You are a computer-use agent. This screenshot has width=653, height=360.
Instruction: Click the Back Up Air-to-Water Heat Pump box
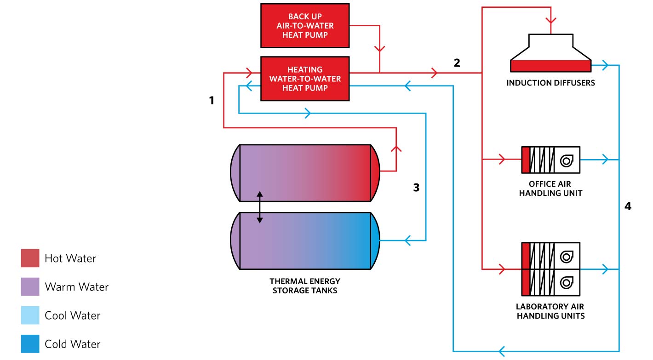pos(305,25)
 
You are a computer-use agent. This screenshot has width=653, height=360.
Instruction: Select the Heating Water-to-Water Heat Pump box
pos(305,79)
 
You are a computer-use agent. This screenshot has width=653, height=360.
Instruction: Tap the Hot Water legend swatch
pos(30,258)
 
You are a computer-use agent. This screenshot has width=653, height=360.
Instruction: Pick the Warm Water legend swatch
pos(30,286)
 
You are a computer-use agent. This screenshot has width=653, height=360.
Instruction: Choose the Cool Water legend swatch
pos(30,315)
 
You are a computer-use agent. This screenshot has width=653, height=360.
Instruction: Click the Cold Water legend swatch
pos(30,344)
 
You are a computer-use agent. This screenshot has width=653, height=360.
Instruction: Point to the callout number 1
pos(212,100)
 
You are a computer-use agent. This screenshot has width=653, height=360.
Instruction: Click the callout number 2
pos(457,63)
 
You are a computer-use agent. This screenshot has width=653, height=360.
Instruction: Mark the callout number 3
pos(416,188)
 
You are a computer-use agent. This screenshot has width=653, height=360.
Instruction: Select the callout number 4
pos(628,206)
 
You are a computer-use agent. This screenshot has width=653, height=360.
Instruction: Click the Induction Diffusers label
pos(550,83)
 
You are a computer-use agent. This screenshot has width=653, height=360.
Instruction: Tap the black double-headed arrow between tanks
pos(260,207)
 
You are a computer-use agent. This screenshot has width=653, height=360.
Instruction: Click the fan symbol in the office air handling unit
pos(567,160)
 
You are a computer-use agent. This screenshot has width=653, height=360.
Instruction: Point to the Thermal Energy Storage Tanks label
pos(305,286)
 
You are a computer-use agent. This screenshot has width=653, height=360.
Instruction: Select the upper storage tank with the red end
pos(305,173)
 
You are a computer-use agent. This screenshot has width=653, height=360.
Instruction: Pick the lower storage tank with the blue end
pos(305,240)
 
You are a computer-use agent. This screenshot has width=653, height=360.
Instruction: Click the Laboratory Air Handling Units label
pos(550,311)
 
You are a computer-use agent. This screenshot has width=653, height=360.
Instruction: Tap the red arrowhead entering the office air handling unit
pos(502,160)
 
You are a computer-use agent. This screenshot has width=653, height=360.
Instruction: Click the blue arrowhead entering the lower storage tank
pos(407,240)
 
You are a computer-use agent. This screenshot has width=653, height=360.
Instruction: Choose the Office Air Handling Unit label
pos(550,189)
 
